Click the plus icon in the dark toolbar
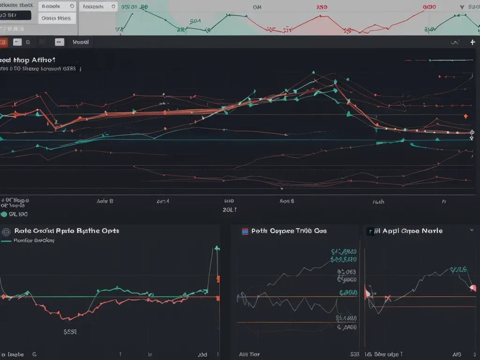pyautogui.click(x=472, y=42)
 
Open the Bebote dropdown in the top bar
pyautogui.click(x=72, y=7)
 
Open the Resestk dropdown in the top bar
pyautogui.click(x=112, y=7)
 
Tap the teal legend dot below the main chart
pyautogui.click(x=4, y=214)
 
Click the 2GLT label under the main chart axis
pyautogui.click(x=230, y=210)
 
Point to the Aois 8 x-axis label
pyautogui.click(x=105, y=201)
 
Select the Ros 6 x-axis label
pyautogui.click(x=287, y=201)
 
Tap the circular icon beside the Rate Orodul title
pyautogui.click(x=6, y=231)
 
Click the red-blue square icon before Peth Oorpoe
pyautogui.click(x=244, y=231)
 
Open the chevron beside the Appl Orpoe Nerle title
pyautogui.click(x=472, y=231)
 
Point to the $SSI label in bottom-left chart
pyautogui.click(x=70, y=331)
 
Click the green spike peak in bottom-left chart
pyautogui.click(x=217, y=247)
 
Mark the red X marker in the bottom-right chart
pyautogui.click(x=388, y=298)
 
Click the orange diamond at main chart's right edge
pyautogui.click(x=465, y=116)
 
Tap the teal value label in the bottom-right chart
pyautogui.click(x=458, y=270)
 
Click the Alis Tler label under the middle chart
pyautogui.click(x=249, y=354)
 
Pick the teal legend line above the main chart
pyautogui.click(x=450, y=60)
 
